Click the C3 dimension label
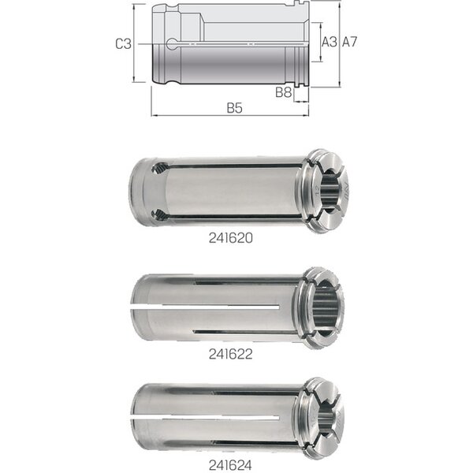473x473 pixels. (124, 44)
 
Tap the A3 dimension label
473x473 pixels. (330, 42)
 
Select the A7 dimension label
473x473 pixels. (349, 42)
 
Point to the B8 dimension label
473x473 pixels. (284, 92)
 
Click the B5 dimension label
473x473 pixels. (235, 108)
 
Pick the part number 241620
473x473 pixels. (231, 238)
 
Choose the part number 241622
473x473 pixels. (231, 354)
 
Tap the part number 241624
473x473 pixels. (230, 465)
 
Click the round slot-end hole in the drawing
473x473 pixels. (172, 44)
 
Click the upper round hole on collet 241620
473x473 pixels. (161, 168)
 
